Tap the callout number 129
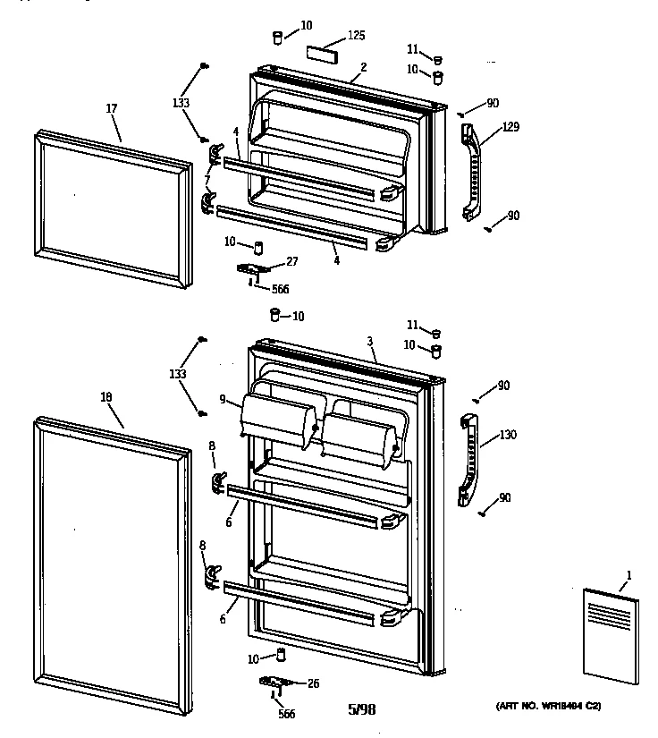510,127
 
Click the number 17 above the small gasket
112,109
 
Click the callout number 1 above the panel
628,574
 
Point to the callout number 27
291,261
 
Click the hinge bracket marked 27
253,268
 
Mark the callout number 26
314,683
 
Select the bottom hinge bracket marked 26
277,684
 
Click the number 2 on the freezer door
364,66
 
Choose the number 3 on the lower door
368,342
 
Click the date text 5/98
361,710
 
